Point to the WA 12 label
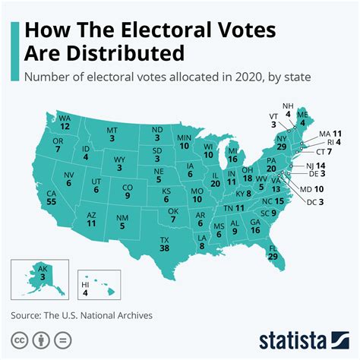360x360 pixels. click(65, 122)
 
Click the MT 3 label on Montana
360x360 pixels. click(112, 134)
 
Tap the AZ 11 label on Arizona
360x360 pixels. click(91, 219)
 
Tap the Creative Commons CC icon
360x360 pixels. click(16, 336)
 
